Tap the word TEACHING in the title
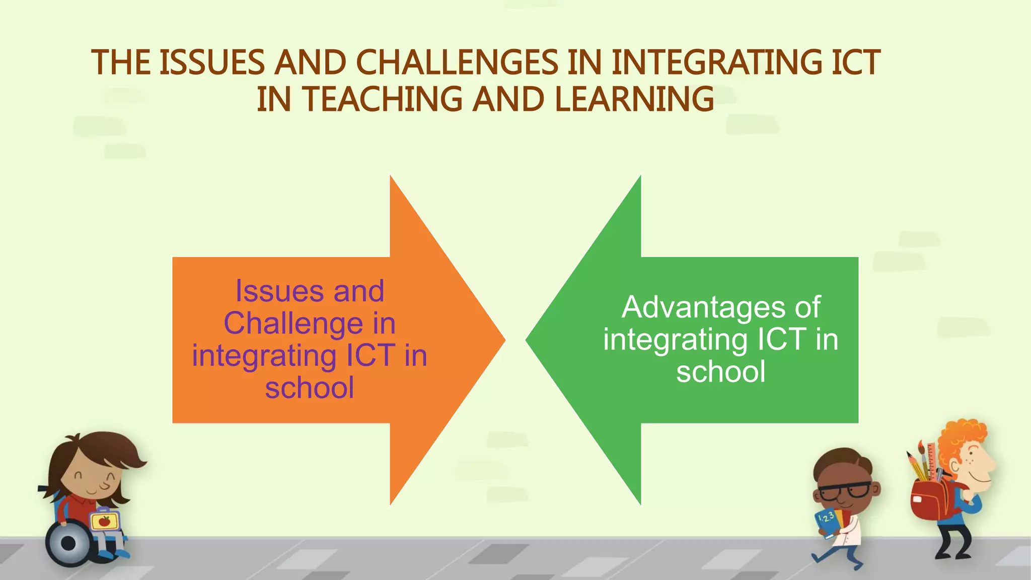coord(383,99)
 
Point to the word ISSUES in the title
coord(212,63)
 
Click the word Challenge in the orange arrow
coord(293,323)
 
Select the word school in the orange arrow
coord(310,388)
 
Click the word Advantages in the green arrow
coord(703,307)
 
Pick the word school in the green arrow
coord(720,372)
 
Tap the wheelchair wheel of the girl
coord(69,543)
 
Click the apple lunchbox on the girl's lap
coord(104,521)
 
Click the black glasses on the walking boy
coord(846,490)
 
